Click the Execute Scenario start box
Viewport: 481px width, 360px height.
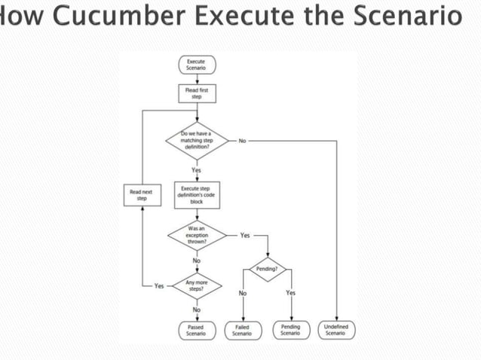(x=196, y=65)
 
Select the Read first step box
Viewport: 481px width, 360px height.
(x=196, y=93)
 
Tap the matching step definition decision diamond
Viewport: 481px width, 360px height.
(x=196, y=141)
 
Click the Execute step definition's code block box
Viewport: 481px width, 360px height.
(x=196, y=195)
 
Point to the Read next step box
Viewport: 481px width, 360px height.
(x=141, y=195)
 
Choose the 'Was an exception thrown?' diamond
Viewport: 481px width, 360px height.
(x=196, y=236)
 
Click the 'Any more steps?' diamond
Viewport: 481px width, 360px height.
(x=196, y=286)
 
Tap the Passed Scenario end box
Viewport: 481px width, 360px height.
(x=196, y=330)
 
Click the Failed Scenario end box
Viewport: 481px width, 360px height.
(x=242, y=330)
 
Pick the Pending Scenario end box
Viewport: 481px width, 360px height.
(x=290, y=330)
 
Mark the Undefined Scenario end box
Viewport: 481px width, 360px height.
(x=335, y=330)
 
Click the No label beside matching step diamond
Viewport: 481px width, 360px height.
(x=242, y=141)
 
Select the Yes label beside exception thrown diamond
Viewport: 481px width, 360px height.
(x=245, y=236)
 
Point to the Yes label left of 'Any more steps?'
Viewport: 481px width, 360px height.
(x=159, y=286)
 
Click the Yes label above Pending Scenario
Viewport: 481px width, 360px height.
(x=290, y=293)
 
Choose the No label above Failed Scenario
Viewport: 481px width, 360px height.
(x=242, y=293)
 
